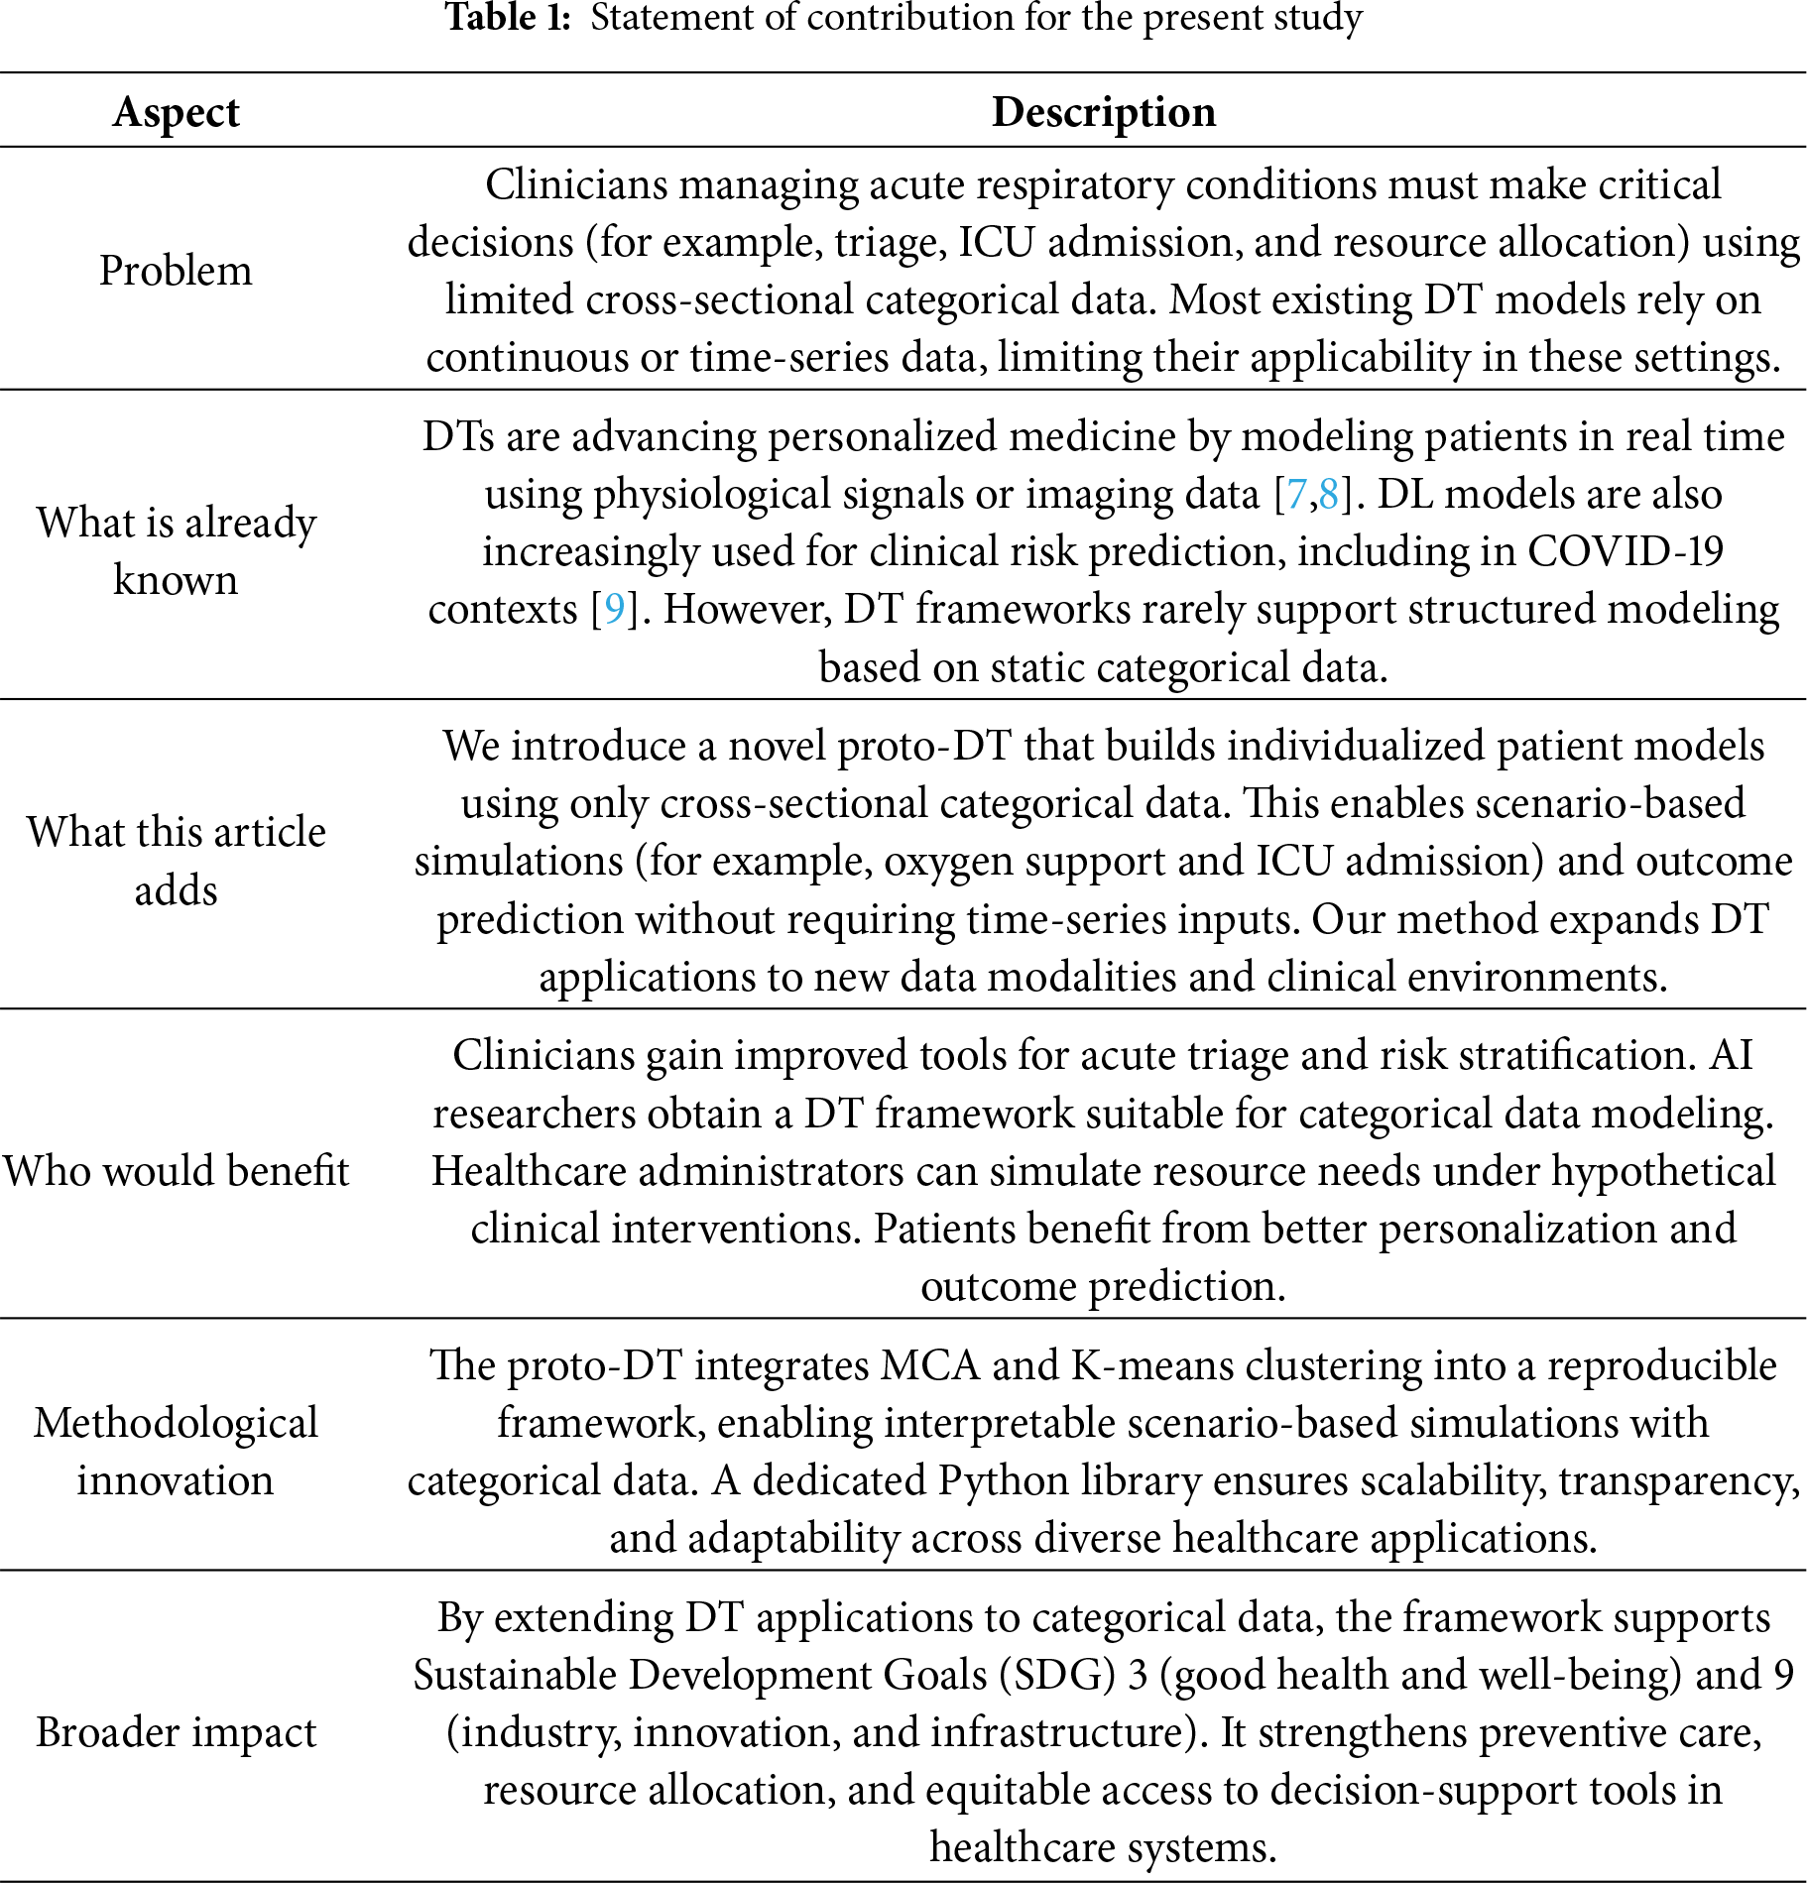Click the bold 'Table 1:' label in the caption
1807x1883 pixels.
point(507,18)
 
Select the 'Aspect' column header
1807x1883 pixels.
point(176,112)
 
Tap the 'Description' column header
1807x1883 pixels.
point(1103,112)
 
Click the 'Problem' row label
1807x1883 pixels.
point(176,271)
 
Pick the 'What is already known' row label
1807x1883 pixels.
point(176,550)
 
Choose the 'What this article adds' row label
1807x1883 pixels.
point(176,860)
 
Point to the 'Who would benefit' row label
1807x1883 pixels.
point(176,1171)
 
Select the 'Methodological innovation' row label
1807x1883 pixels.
point(176,1451)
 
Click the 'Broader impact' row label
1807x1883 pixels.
point(176,1732)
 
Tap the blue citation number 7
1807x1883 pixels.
point(1295,494)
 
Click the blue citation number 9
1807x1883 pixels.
point(614,609)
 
